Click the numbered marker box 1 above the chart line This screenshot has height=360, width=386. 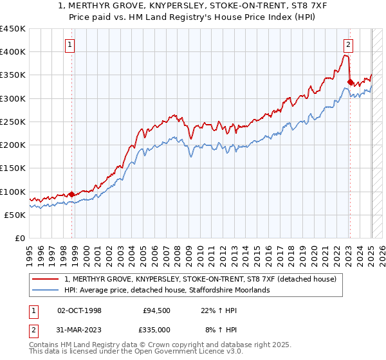click(x=69, y=44)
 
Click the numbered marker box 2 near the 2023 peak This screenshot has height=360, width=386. click(x=347, y=44)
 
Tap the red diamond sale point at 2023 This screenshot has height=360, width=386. click(x=350, y=82)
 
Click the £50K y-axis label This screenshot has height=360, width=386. click(x=15, y=215)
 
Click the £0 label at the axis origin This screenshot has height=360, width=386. click(x=20, y=238)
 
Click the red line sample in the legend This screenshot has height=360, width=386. click(x=47, y=279)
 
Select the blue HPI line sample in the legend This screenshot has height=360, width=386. click(x=47, y=290)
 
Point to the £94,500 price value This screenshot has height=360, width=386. click(x=156, y=310)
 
